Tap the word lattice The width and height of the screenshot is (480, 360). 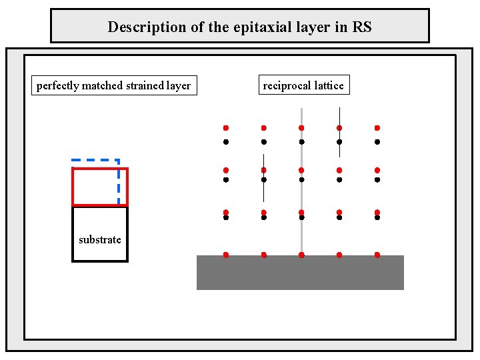click(329, 85)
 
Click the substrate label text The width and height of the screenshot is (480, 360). click(100, 240)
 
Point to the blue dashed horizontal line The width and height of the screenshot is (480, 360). click(93, 161)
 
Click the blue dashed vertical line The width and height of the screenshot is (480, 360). click(119, 183)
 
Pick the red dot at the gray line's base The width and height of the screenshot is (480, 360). click(301, 255)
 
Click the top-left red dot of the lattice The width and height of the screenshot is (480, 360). click(226, 127)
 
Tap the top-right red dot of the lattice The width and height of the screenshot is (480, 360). click(377, 127)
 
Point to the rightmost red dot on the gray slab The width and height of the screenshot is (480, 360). click(377, 255)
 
